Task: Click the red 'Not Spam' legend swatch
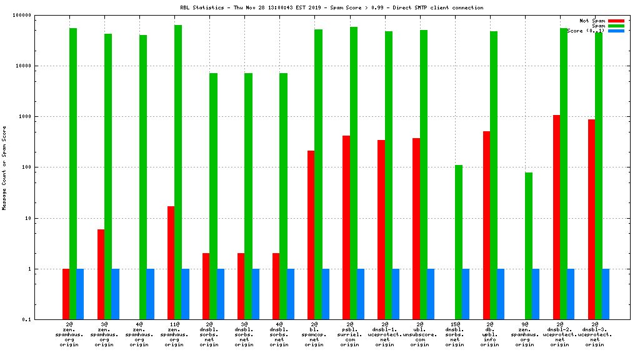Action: tap(616, 21)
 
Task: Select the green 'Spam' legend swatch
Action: tap(616, 26)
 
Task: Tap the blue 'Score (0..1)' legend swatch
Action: tap(616, 31)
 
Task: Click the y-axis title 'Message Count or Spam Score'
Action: tap(5, 167)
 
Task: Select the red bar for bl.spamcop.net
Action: tap(311, 235)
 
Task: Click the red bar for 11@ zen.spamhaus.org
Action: tap(171, 262)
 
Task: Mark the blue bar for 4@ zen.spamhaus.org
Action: tap(150, 294)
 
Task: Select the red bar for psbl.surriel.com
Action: tap(346, 227)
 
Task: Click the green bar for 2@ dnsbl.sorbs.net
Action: tap(213, 196)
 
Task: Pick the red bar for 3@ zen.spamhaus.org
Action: tap(101, 274)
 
